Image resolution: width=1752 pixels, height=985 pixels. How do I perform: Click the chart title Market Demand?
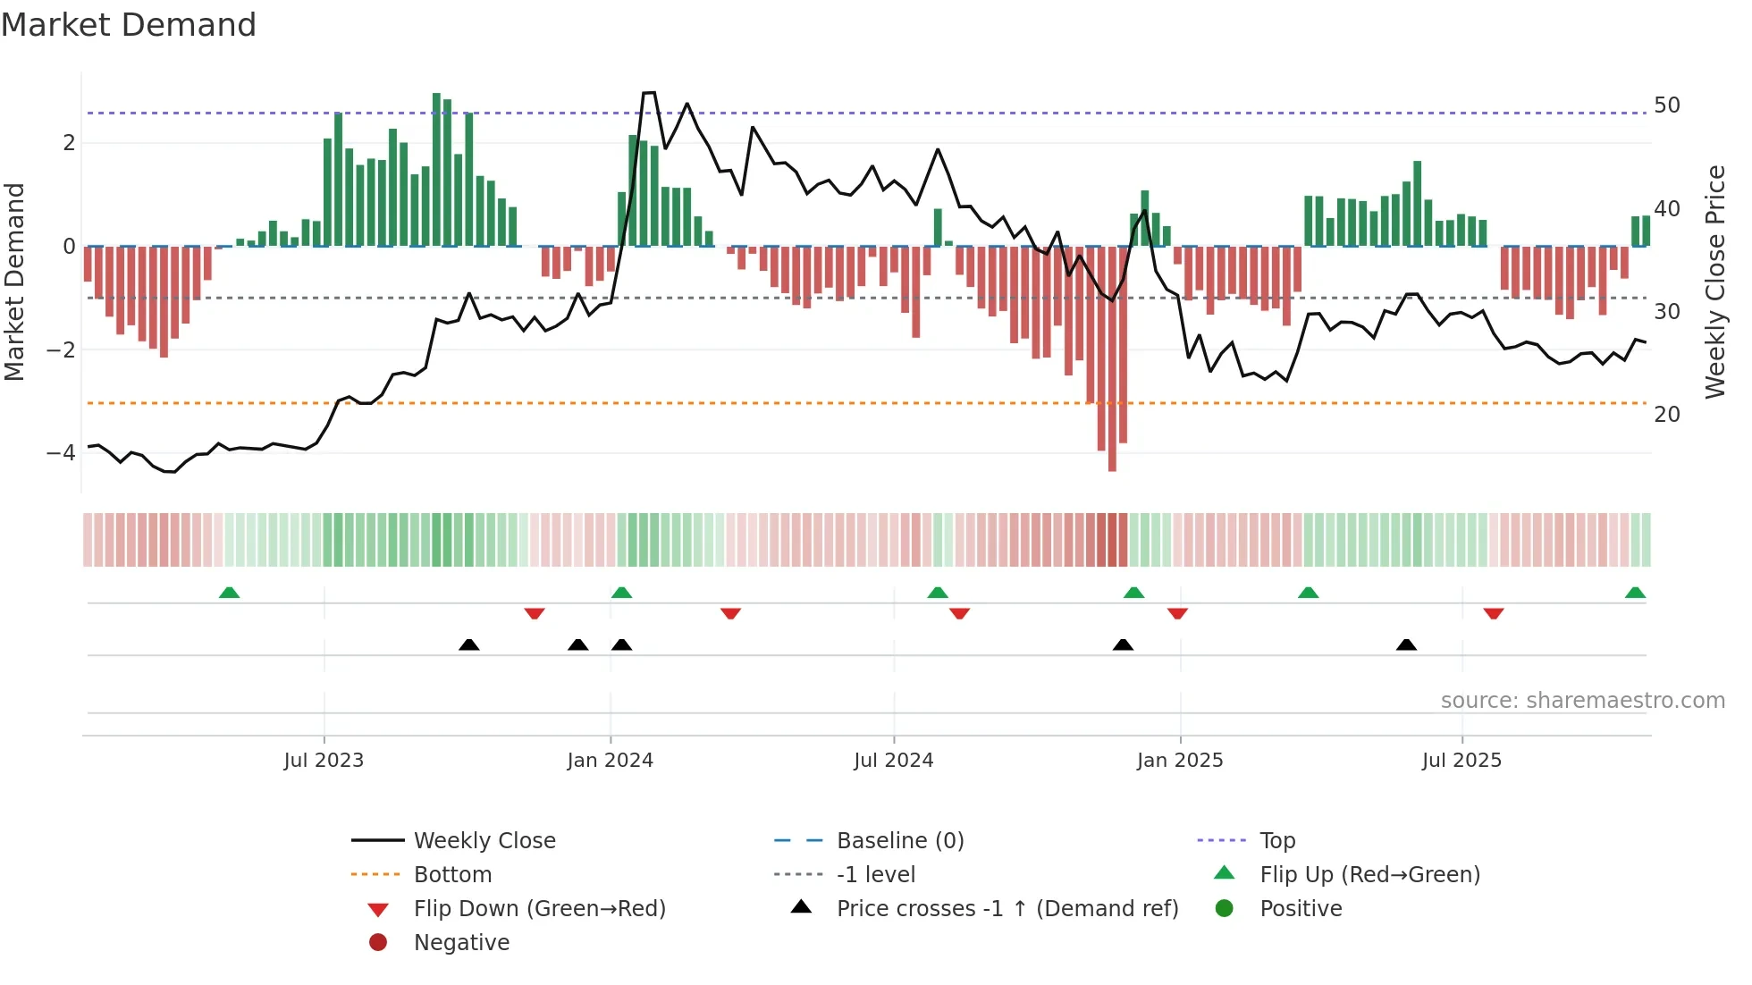(129, 25)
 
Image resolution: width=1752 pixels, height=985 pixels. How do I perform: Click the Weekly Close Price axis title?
(1714, 282)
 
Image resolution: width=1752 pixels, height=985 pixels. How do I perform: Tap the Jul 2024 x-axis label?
(893, 761)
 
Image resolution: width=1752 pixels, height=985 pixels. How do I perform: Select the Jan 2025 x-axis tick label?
(1179, 761)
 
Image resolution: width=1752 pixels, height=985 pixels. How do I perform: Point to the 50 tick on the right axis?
(1666, 105)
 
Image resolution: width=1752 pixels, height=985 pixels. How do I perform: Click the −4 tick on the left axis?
(61, 453)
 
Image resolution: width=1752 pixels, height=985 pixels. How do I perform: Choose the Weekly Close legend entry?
(484, 841)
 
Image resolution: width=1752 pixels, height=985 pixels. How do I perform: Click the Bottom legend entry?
(452, 875)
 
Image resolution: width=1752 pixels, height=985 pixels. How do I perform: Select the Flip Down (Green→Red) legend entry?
(539, 909)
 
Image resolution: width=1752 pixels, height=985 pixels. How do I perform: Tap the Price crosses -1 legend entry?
(1007, 909)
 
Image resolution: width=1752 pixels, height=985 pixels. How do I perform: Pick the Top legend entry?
(1276, 841)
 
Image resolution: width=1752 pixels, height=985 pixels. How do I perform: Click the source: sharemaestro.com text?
(1582, 701)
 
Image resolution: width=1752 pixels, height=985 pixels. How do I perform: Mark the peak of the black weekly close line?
(649, 93)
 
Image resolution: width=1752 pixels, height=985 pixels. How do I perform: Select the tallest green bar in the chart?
(436, 170)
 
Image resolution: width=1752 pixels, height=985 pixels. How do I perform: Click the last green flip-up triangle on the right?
(1635, 593)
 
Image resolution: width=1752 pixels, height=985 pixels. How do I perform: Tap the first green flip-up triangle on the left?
(229, 593)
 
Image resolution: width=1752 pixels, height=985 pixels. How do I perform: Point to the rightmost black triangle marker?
(1406, 644)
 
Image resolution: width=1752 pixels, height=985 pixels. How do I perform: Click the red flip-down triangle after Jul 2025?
(1493, 613)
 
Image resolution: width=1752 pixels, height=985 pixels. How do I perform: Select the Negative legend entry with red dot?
(461, 943)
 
